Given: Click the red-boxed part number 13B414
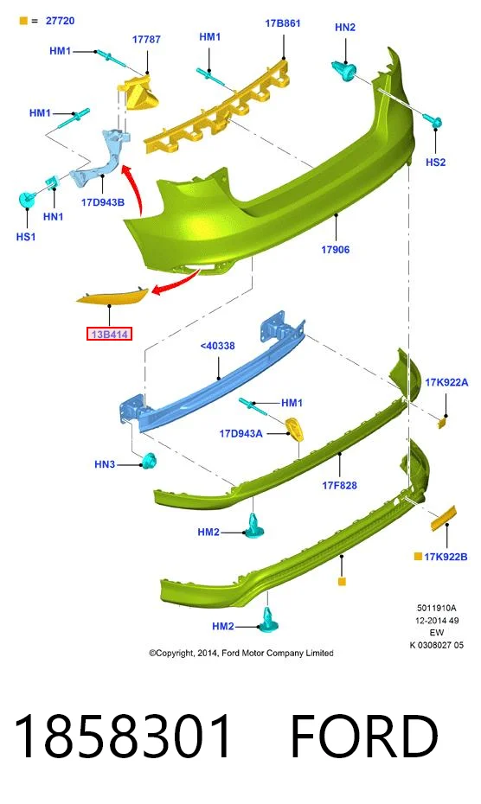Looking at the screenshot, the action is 109,335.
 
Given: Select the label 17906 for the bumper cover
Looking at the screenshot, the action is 335,250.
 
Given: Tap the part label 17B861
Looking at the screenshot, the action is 282,23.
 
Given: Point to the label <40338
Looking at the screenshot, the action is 217,346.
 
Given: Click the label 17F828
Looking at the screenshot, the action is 339,485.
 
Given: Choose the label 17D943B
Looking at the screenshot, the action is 103,202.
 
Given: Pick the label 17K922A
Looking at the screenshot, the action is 446,382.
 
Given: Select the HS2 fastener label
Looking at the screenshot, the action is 435,163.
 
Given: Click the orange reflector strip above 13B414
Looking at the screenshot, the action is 112,296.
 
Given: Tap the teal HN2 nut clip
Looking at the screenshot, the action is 344,70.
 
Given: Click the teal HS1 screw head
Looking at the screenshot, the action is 26,199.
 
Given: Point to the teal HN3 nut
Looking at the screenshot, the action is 150,461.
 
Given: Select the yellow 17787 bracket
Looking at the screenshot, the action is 138,93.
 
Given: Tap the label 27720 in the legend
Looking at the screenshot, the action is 60,21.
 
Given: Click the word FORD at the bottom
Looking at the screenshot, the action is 364,736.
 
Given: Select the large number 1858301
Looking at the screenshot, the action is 122,736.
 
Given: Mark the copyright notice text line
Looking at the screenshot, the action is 241,653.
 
